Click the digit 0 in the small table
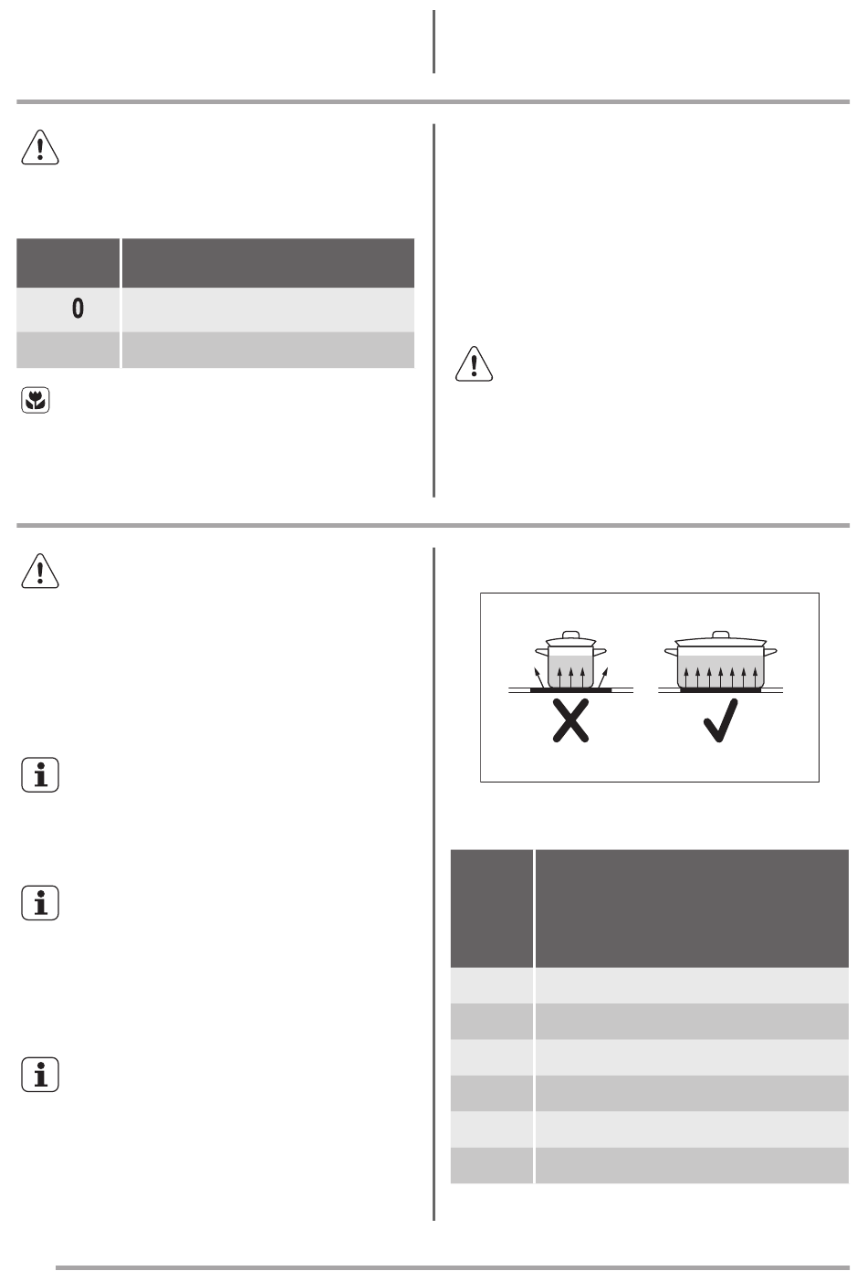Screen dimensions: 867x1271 click(x=78, y=310)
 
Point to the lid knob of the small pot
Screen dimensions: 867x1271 click(x=570, y=635)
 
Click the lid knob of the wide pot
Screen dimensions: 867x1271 click(x=721, y=634)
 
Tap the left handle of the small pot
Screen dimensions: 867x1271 click(x=539, y=651)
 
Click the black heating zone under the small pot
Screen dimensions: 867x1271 click(x=570, y=691)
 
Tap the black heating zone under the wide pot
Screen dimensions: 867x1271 click(x=721, y=691)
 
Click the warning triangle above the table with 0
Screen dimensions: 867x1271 click(x=39, y=148)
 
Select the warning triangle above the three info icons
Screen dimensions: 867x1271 click(x=39, y=572)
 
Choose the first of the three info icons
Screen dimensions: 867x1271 click(x=39, y=775)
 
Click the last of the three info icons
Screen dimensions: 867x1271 click(x=39, y=1076)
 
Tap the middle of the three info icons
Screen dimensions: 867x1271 click(x=39, y=903)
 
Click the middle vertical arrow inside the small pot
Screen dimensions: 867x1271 click(x=570, y=677)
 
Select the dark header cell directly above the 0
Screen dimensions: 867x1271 click(x=68, y=264)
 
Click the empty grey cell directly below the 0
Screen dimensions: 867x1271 click(x=68, y=351)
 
